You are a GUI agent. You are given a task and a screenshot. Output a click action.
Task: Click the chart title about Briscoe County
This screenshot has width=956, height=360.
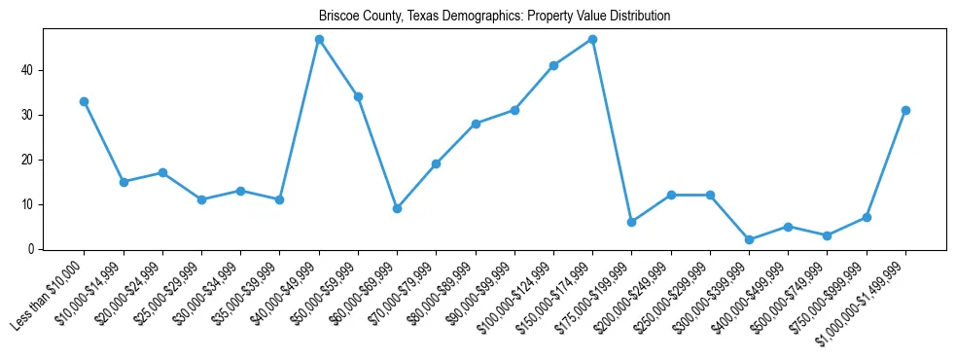tap(494, 17)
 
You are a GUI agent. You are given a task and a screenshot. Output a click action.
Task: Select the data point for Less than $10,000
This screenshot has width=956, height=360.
tap(85, 101)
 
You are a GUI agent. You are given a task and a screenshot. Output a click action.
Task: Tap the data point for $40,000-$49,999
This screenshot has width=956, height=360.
tap(319, 39)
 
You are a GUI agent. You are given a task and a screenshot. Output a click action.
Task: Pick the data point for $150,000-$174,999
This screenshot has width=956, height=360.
tap(592, 39)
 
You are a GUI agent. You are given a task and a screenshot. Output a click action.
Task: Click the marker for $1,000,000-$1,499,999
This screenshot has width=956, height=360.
tap(905, 110)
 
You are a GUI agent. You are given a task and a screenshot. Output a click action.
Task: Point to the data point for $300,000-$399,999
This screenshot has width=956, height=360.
tap(749, 239)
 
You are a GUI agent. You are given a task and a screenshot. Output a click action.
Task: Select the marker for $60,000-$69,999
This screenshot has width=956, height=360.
tap(397, 208)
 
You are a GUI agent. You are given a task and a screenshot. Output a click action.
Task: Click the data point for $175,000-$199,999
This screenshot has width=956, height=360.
tap(632, 222)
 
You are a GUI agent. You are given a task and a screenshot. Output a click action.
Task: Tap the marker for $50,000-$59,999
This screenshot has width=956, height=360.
tap(358, 96)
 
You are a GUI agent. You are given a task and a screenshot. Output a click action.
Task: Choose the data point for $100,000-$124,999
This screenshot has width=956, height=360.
tap(553, 65)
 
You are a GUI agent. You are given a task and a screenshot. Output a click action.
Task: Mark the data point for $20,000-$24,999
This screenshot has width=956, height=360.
tap(162, 172)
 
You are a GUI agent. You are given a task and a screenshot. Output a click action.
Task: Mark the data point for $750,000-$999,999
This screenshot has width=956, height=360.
tap(867, 217)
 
